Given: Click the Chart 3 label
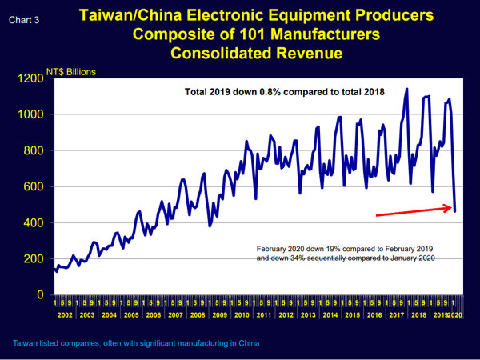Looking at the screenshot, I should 23,18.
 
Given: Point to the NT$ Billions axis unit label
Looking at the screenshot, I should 72,72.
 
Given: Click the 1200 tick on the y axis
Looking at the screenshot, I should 30,78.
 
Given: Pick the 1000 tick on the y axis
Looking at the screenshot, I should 30,114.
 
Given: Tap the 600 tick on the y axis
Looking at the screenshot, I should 34,186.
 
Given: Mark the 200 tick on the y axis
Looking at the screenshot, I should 34,259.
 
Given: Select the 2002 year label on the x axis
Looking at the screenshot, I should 65,315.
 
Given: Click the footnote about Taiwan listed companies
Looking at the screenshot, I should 136,343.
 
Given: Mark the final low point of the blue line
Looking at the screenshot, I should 455,211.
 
